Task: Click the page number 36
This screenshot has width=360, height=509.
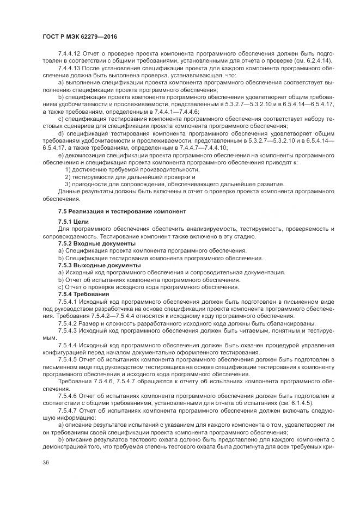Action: click(45, 463)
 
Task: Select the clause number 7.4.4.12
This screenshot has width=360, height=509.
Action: click(69, 53)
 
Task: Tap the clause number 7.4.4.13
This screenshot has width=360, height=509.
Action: click(69, 68)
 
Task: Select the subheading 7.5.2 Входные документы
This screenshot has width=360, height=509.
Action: click(93, 244)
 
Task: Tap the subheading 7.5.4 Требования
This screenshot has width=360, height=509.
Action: click(80, 293)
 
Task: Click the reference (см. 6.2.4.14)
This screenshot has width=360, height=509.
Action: click(325, 60)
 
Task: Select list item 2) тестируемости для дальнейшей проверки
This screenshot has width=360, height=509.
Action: click(130, 177)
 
